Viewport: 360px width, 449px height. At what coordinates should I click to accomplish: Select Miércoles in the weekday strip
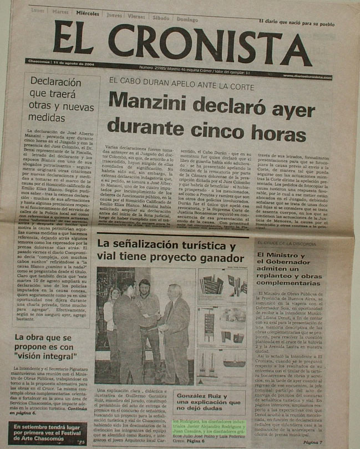pyautogui.click(x=88, y=12)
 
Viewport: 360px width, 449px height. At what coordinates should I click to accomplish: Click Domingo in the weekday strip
pyautogui.click(x=187, y=19)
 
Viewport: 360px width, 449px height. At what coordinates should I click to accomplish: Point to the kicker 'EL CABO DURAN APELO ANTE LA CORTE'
pyautogui.click(x=181, y=84)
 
